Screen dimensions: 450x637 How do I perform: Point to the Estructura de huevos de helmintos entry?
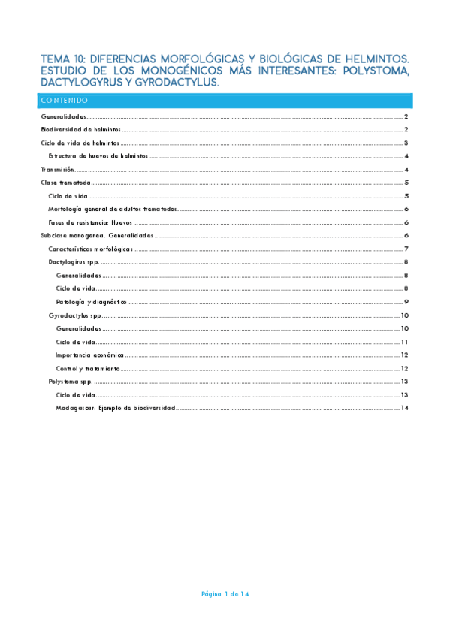(x=98, y=156)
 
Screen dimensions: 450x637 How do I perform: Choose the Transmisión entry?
(x=57, y=170)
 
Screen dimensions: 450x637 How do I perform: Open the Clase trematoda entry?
(x=65, y=183)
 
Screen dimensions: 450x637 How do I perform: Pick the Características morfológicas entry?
(x=90, y=249)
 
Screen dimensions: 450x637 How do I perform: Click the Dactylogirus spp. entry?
(x=74, y=262)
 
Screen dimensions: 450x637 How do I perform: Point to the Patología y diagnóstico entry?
(x=91, y=301)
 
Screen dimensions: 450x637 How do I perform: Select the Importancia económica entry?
(x=90, y=355)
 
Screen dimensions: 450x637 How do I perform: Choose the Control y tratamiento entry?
(x=88, y=369)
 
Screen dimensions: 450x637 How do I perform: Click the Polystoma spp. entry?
(x=70, y=382)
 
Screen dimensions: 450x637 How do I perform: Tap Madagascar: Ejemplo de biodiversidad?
(x=115, y=408)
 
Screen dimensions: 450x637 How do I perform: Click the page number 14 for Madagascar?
(x=404, y=408)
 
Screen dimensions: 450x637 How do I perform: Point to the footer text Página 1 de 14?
(x=225, y=594)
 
